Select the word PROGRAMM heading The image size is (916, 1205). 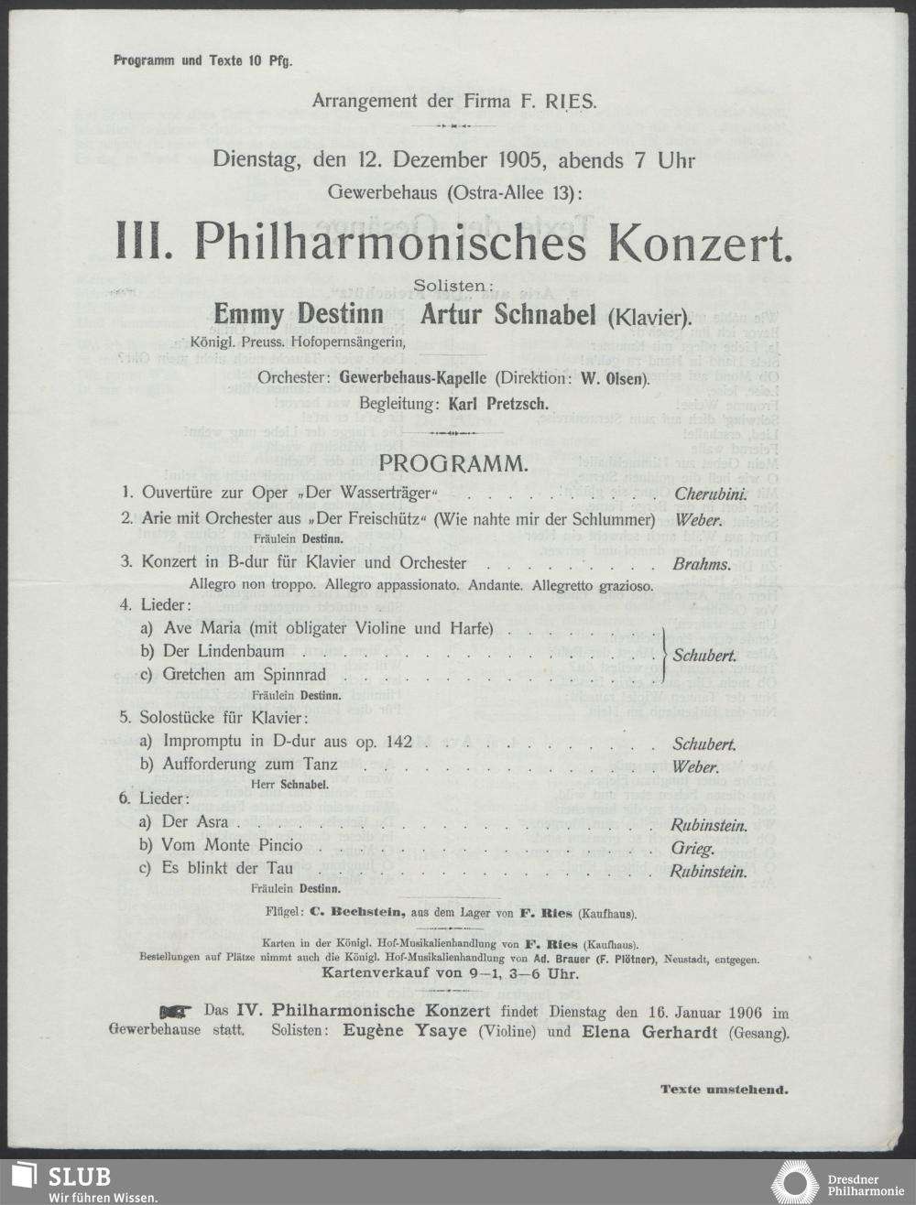click(453, 463)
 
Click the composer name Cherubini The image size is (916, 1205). click(711, 494)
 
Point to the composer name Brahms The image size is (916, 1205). click(702, 564)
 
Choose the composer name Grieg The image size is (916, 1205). click(692, 848)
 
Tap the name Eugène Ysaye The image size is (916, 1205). click(405, 1030)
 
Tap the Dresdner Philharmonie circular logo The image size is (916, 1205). click(796, 1182)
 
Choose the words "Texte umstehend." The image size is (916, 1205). click(724, 1090)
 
